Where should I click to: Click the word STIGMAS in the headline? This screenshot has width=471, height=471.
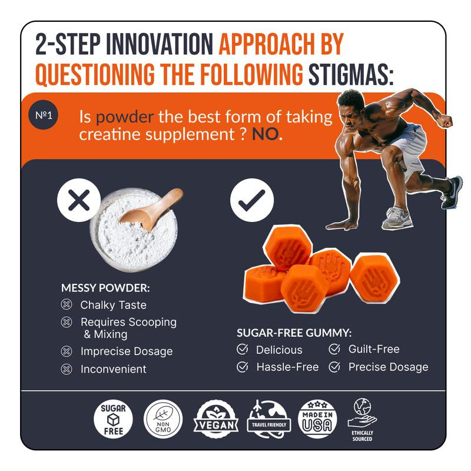point(351,75)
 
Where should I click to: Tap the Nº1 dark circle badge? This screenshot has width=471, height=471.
point(43,115)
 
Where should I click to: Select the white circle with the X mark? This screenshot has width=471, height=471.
point(79,200)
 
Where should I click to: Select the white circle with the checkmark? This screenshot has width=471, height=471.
point(252,200)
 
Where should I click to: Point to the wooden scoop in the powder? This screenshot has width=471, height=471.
point(152,209)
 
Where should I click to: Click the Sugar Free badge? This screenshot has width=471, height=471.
point(113,419)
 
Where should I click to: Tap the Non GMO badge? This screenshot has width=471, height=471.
point(163,419)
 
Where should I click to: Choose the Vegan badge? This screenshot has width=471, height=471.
point(216,419)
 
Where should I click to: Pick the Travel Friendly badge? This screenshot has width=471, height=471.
point(269,419)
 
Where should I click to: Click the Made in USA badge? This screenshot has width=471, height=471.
point(317,419)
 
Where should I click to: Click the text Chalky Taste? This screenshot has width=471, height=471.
point(113,305)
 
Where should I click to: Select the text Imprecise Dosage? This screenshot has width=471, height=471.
point(127,351)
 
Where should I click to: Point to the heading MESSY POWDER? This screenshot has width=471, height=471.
point(105,288)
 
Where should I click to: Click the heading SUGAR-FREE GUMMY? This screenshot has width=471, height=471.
point(294,333)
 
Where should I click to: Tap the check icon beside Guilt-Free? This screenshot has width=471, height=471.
point(334,349)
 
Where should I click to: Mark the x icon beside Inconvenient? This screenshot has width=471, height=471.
point(67,369)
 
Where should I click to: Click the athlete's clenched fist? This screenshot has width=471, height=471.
point(446,120)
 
